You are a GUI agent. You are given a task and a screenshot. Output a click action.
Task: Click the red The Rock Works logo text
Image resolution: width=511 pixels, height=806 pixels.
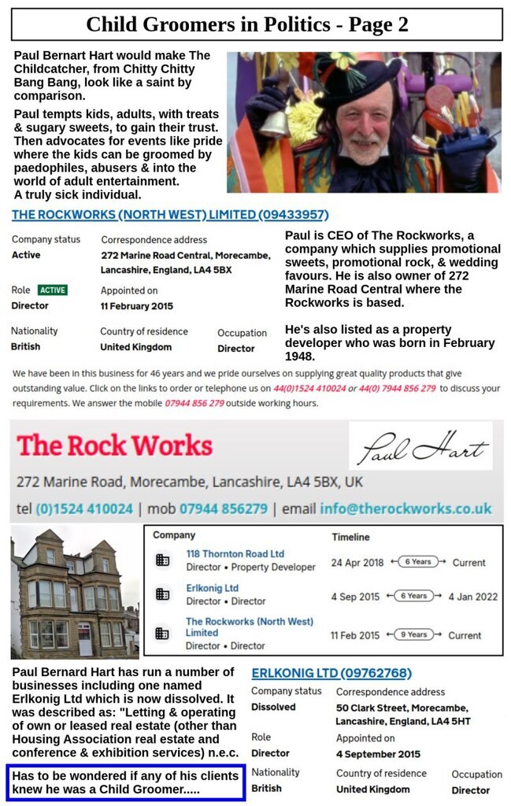114,446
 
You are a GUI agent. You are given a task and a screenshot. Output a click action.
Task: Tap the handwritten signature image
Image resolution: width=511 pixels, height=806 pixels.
420,447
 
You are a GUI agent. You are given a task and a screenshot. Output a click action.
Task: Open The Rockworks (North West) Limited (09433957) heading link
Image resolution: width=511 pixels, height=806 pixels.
170,215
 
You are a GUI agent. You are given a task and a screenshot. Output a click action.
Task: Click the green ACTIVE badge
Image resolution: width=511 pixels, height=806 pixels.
53,290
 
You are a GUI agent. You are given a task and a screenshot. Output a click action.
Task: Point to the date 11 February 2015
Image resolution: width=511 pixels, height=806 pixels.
137,306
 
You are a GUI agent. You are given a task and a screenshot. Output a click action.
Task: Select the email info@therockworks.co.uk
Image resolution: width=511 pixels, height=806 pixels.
405,508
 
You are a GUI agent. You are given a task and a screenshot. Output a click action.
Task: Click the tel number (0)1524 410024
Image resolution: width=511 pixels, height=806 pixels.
84,508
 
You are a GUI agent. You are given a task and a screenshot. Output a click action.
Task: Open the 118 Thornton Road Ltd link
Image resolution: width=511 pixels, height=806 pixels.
235,554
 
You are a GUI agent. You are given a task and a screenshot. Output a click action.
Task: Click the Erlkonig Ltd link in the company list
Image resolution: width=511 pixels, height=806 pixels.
212,588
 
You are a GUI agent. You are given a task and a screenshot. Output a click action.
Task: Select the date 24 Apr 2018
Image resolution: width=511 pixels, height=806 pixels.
357,563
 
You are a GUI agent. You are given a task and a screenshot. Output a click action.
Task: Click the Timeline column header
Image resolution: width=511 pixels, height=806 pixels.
350,537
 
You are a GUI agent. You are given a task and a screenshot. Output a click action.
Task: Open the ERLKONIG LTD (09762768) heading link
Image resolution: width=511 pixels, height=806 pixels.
331,673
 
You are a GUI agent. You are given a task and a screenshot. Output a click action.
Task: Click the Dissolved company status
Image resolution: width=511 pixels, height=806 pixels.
273,708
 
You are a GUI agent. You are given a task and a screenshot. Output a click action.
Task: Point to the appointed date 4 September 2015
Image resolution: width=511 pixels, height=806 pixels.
378,754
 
